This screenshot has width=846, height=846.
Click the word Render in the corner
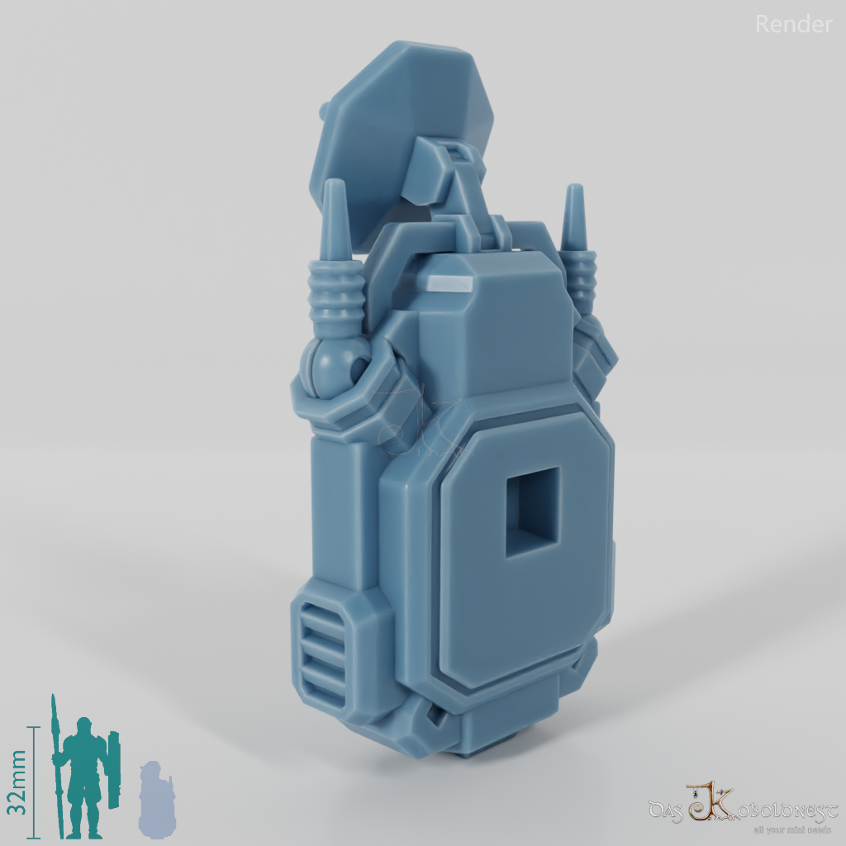tap(793, 25)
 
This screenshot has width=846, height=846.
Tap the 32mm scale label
tap(18, 781)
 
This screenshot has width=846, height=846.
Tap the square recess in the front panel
tap(532, 511)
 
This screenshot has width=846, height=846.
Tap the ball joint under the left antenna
tap(335, 364)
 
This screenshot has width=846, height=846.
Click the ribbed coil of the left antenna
tap(335, 297)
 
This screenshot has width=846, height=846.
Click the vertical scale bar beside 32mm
tap(35, 781)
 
